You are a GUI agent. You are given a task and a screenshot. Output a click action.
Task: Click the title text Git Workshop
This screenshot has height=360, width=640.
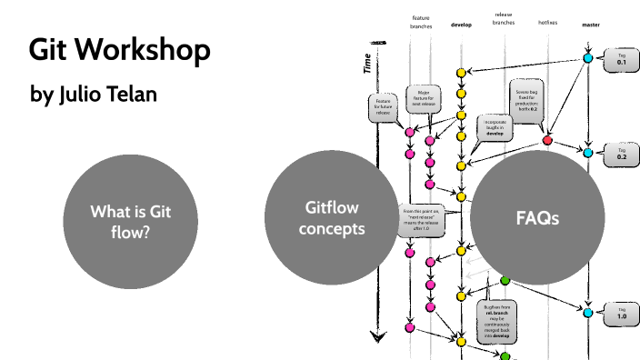pyautogui.click(x=119, y=51)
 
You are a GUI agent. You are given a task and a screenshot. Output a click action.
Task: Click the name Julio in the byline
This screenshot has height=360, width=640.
pyautogui.click(x=84, y=94)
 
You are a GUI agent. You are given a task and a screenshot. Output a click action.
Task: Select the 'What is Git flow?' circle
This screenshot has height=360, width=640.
pyautogui.click(x=131, y=221)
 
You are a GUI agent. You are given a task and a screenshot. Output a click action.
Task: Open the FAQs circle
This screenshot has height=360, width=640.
pyautogui.click(x=536, y=219)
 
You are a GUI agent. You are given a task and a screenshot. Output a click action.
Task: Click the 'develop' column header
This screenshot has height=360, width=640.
pyautogui.click(x=462, y=25)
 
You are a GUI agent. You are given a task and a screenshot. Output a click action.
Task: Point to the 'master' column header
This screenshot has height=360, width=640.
pyautogui.click(x=590, y=25)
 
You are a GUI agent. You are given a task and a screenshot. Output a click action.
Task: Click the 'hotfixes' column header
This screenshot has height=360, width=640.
pyautogui.click(x=548, y=21)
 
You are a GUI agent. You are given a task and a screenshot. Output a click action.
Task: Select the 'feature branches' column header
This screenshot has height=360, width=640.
pyautogui.click(x=422, y=22)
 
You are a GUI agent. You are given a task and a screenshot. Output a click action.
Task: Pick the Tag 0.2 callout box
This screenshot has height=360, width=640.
pyautogui.click(x=622, y=153)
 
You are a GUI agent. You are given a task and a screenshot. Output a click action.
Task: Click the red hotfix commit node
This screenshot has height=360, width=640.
pyautogui.click(x=547, y=140)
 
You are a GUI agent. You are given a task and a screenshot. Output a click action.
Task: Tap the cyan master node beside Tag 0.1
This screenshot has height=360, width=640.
pyautogui.click(x=588, y=59)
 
